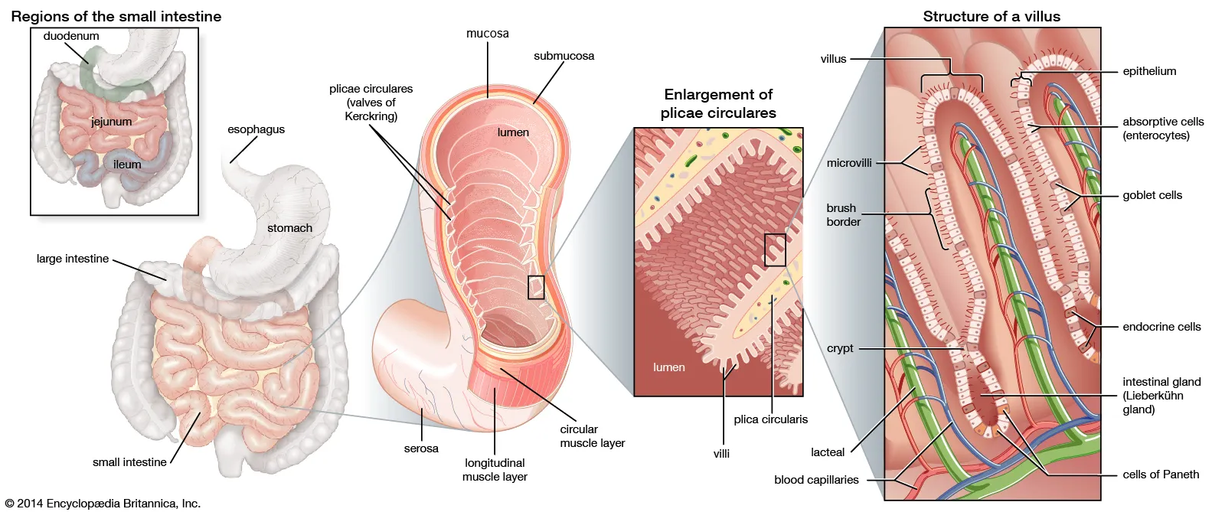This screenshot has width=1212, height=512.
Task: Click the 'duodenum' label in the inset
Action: (71, 36)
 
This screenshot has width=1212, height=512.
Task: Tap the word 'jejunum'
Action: (112, 122)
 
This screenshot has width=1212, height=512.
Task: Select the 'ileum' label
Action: (127, 165)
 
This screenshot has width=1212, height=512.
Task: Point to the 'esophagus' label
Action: (256, 129)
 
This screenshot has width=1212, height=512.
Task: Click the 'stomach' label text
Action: (289, 228)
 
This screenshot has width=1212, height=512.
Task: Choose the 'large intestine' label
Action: (73, 259)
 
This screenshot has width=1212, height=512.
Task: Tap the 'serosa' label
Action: (421, 448)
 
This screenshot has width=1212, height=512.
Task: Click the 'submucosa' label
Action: (564, 56)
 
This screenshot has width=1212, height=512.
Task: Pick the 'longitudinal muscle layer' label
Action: (495, 470)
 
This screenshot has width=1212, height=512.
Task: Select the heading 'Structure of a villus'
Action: (991, 16)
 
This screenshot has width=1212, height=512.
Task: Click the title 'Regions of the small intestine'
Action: (116, 16)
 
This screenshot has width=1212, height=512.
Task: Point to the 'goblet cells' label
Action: (1152, 195)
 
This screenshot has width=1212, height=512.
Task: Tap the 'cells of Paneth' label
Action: (1161, 474)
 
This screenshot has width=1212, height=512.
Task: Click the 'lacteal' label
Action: (828, 452)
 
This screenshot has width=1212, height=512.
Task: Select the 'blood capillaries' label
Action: (816, 480)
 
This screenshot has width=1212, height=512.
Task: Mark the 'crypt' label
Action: (840, 348)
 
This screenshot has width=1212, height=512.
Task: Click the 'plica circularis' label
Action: (770, 419)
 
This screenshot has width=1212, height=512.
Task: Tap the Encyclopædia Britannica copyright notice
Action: (103, 504)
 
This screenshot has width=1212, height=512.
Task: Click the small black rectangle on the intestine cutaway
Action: (536, 287)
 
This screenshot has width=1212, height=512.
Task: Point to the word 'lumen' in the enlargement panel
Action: (668, 367)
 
